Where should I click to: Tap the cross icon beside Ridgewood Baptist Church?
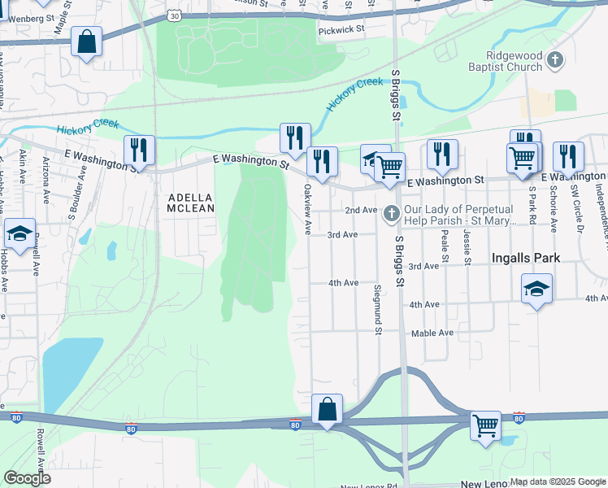tap(554, 60)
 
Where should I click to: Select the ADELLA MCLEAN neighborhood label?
tap(191, 203)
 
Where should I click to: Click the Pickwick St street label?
tap(342, 28)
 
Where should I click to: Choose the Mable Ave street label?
tap(432, 333)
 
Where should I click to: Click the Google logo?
tap(27, 478)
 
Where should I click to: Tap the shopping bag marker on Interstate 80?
tap(327, 409)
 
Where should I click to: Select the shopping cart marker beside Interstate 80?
tap(486, 424)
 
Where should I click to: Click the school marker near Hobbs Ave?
tap(20, 234)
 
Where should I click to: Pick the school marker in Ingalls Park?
tap(536, 289)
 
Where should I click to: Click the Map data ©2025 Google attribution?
tap(558, 482)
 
